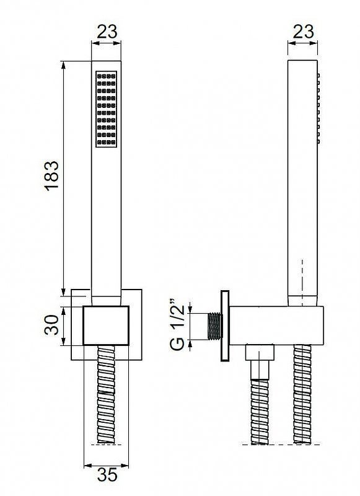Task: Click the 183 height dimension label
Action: pos(51,175)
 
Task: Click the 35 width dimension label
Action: pos(107,474)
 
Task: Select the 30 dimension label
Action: pos(51,325)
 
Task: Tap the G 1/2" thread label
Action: pos(177,324)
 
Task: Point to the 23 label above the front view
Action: pos(107,32)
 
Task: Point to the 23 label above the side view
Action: pos(303,32)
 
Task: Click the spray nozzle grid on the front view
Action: pos(106,109)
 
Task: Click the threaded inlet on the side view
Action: pos(214,327)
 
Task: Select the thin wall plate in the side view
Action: pos(225,326)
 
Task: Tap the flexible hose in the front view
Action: pos(106,394)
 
